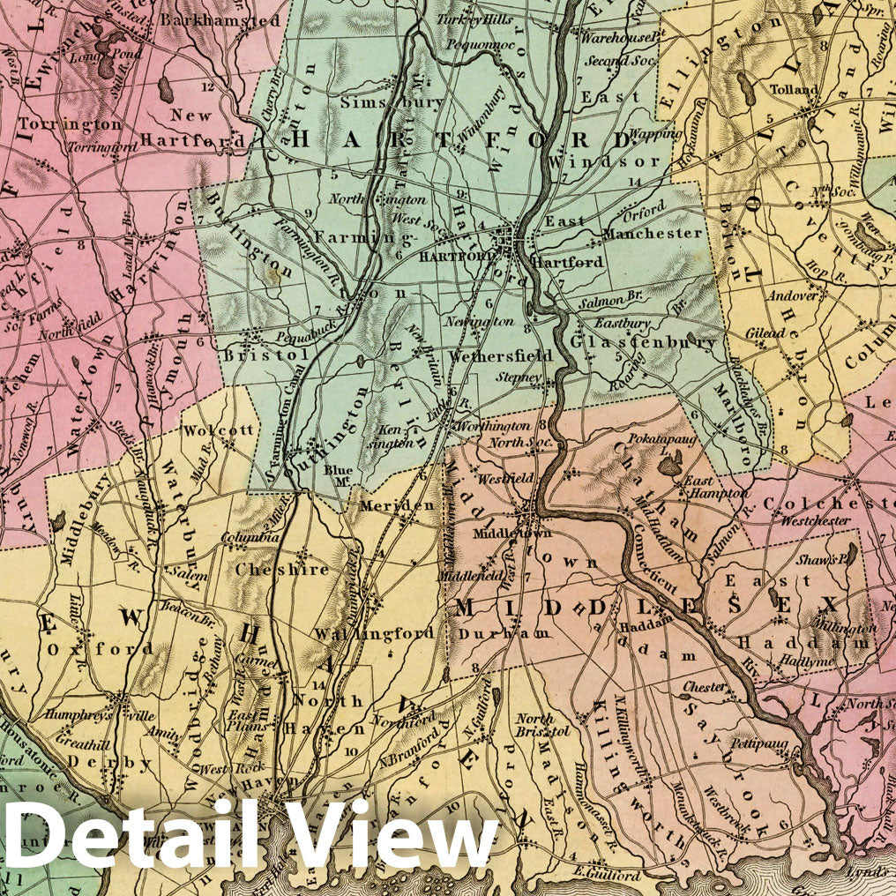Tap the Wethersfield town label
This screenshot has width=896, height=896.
[x=501, y=356]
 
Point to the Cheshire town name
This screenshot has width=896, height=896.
[x=269, y=570]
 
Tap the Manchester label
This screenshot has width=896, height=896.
[x=653, y=235]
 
